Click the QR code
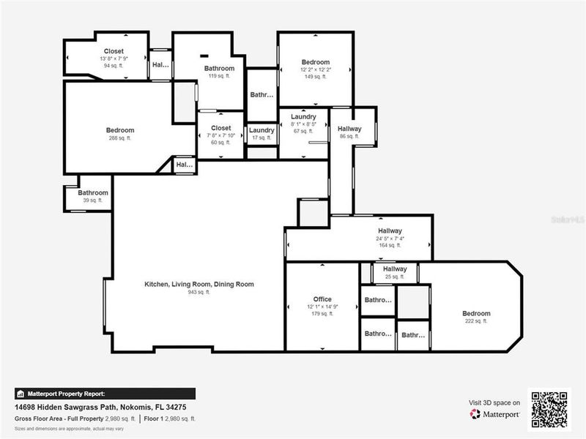pos(549,408)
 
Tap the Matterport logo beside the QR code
pos(495,414)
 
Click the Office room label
pos(322,299)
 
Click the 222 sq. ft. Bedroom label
pos(475,313)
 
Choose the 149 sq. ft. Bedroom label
pos(315,62)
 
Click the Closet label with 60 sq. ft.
pos(221,128)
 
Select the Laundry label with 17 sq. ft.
pos(261,130)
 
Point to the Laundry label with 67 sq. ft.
pos(303,117)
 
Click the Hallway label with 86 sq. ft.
pos(349,129)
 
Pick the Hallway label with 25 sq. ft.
pos(394,269)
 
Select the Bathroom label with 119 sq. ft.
pos(218,68)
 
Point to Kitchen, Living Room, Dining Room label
pos(199,284)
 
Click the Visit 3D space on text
pos(494,402)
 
